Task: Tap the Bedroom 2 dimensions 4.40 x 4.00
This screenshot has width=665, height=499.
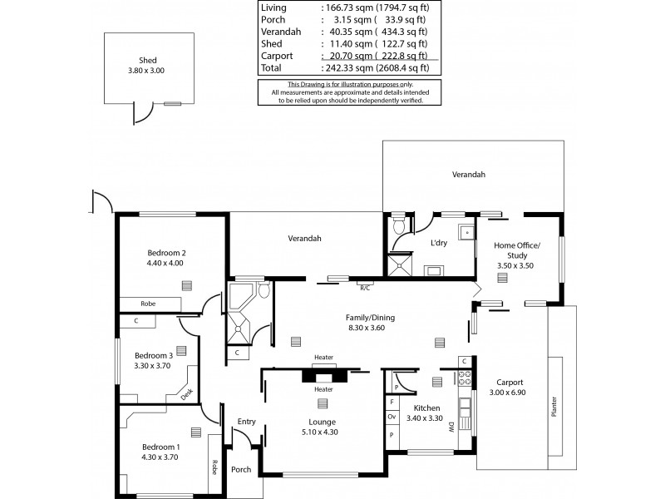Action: pos(165,263)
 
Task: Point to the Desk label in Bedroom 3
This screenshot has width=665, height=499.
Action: pos(187,393)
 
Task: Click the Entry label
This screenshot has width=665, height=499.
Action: pos(246,422)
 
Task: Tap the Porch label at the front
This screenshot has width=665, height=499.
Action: pos(241,469)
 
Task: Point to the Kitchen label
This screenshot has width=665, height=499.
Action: pos(426,408)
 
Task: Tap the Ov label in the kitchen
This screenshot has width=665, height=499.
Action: pos(392,417)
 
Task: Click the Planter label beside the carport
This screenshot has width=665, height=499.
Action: pos(554,407)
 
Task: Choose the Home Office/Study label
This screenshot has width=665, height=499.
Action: pos(517,251)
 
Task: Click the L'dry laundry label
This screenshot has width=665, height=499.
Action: pos(439,243)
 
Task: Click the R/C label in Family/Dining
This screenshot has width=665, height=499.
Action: pos(364,288)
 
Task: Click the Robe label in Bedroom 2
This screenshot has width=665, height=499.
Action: pos(148,304)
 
